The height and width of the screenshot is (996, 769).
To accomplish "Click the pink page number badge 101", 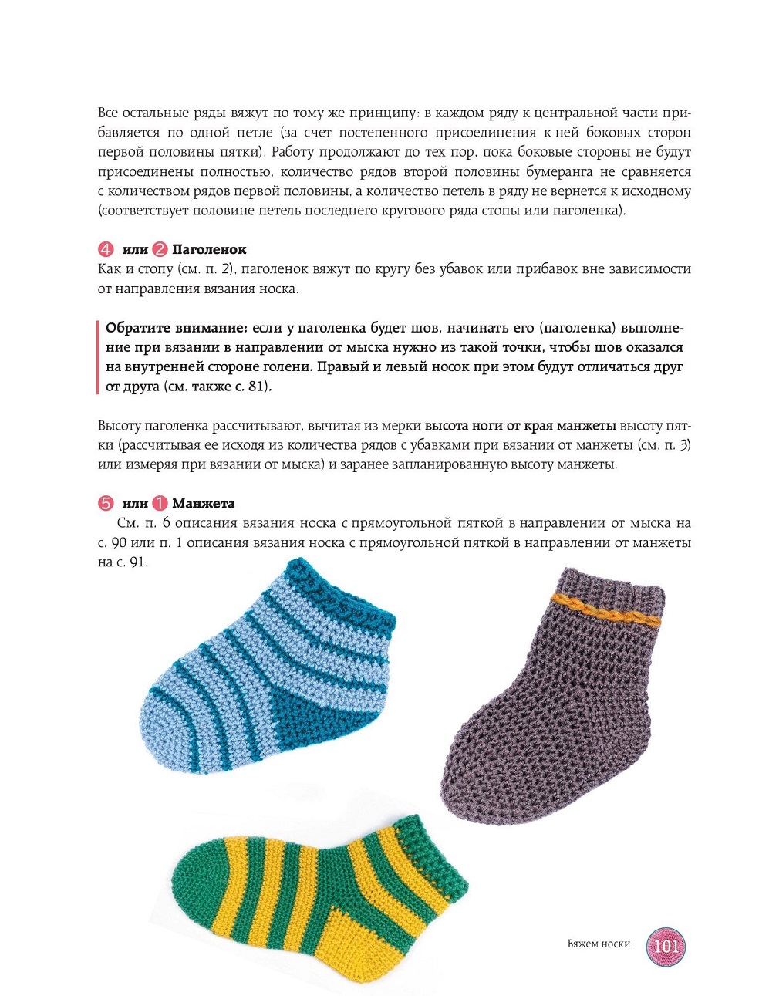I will pyautogui.click(x=666, y=945).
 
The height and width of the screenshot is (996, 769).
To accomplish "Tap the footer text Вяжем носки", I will pyautogui.click(x=599, y=944).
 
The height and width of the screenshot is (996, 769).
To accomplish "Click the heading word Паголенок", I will pyautogui.click(x=209, y=249).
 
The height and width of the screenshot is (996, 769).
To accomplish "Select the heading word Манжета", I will pyautogui.click(x=203, y=503).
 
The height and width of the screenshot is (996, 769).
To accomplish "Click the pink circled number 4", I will pyautogui.click(x=106, y=249).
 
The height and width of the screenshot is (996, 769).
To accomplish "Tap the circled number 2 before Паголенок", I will pyautogui.click(x=160, y=249).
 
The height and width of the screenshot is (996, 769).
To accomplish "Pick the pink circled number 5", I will pyautogui.click(x=106, y=503).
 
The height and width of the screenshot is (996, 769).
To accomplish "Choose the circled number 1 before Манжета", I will pyautogui.click(x=160, y=503).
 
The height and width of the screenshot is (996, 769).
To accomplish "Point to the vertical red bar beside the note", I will pyautogui.click(x=97, y=356).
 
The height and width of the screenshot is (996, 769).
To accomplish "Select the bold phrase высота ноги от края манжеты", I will pyautogui.click(x=521, y=425).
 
